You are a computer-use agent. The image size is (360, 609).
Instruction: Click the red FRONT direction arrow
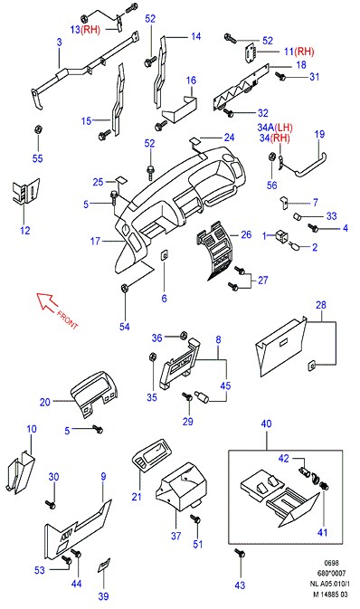point(47,301)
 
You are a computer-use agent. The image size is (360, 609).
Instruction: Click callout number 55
point(38,158)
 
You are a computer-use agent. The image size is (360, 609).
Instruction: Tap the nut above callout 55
point(38,128)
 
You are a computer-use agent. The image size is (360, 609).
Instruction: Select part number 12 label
point(25,230)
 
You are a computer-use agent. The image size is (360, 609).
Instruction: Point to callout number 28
point(321,305)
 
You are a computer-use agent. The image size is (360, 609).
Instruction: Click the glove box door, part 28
point(280,347)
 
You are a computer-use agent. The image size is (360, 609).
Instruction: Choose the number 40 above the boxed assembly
point(267,423)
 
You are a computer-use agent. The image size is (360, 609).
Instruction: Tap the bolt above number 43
point(240,554)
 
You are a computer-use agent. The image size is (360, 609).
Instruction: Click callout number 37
point(175,536)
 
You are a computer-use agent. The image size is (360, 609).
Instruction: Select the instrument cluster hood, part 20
point(94,394)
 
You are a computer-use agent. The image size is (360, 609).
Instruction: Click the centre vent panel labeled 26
point(214,252)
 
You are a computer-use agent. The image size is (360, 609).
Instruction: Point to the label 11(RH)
point(298,52)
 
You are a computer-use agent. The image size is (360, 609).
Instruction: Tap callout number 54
point(125,327)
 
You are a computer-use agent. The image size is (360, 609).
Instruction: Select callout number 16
point(191,81)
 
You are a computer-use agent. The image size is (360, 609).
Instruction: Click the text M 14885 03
point(330,595)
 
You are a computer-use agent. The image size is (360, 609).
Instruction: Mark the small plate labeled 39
point(104,565)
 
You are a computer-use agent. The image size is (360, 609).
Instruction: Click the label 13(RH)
point(85,30)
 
